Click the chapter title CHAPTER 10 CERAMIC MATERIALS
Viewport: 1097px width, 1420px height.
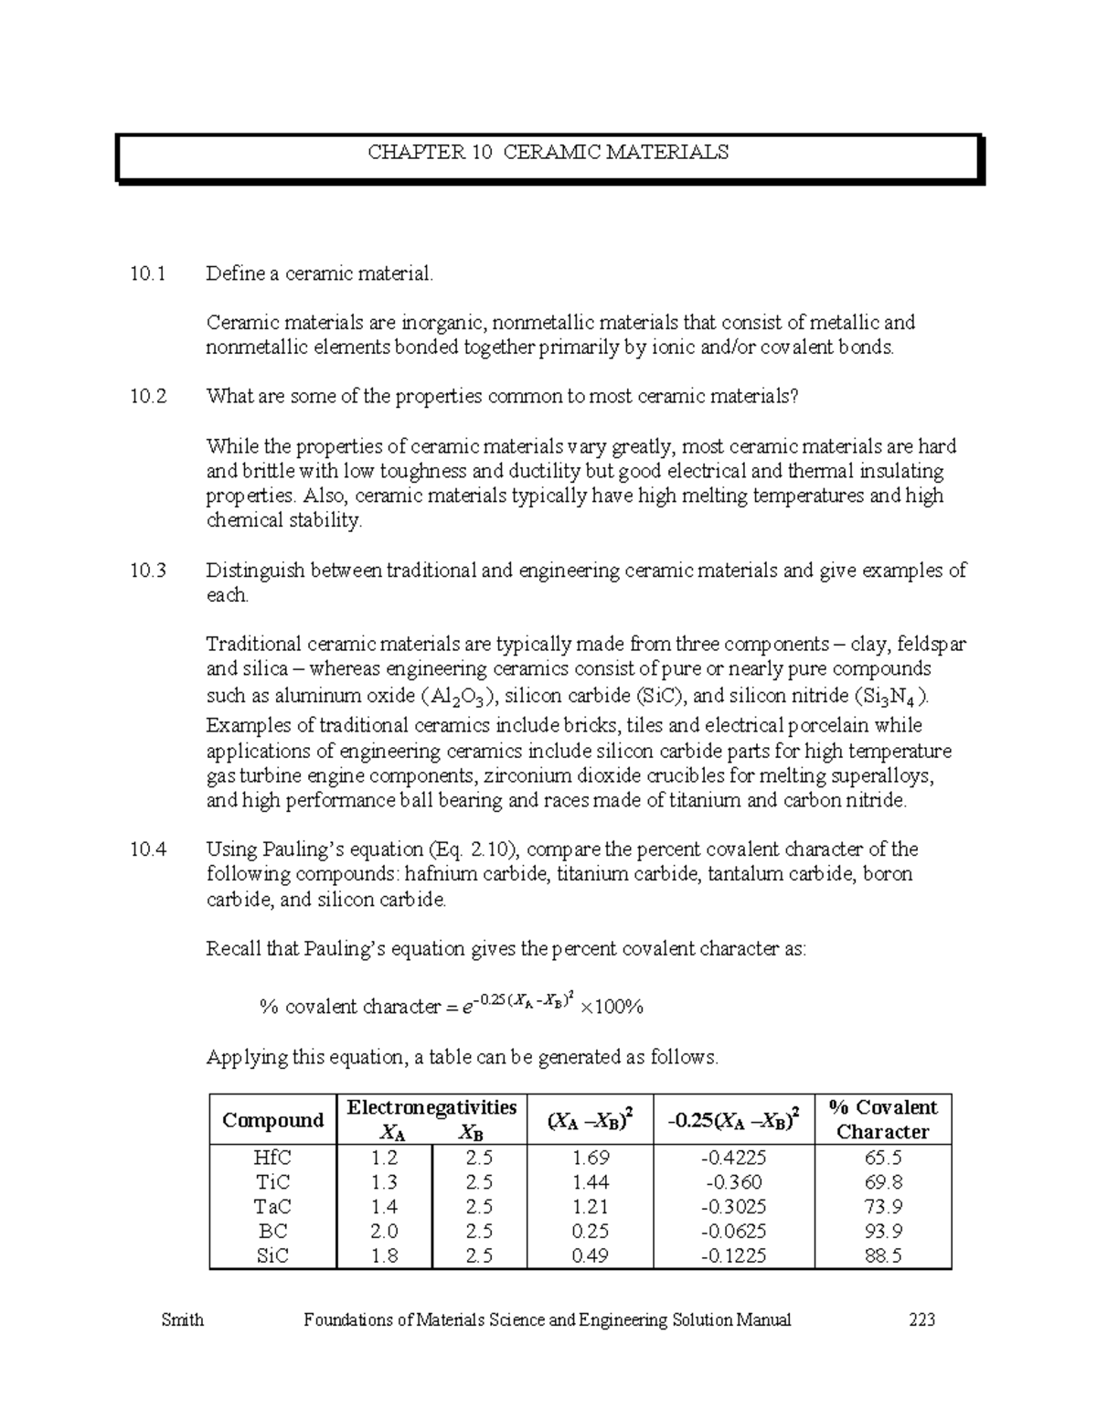(548, 153)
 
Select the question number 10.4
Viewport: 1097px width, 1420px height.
(148, 849)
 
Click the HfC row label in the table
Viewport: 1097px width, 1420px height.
(272, 1158)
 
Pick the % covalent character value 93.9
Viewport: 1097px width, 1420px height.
(882, 1232)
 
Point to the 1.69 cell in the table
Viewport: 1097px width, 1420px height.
(590, 1158)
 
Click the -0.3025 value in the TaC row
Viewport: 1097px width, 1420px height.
(733, 1207)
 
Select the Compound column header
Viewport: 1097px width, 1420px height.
(272, 1120)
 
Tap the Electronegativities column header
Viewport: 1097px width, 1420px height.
(431, 1107)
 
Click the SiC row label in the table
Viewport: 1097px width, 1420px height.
(272, 1256)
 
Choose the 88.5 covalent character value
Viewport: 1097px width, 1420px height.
(882, 1256)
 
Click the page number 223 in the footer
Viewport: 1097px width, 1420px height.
(921, 1320)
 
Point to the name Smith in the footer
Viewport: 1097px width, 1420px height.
(182, 1320)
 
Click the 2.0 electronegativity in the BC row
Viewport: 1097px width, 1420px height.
(384, 1232)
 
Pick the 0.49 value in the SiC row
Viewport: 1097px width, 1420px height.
(590, 1256)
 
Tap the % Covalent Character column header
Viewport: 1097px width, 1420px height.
(882, 1119)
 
